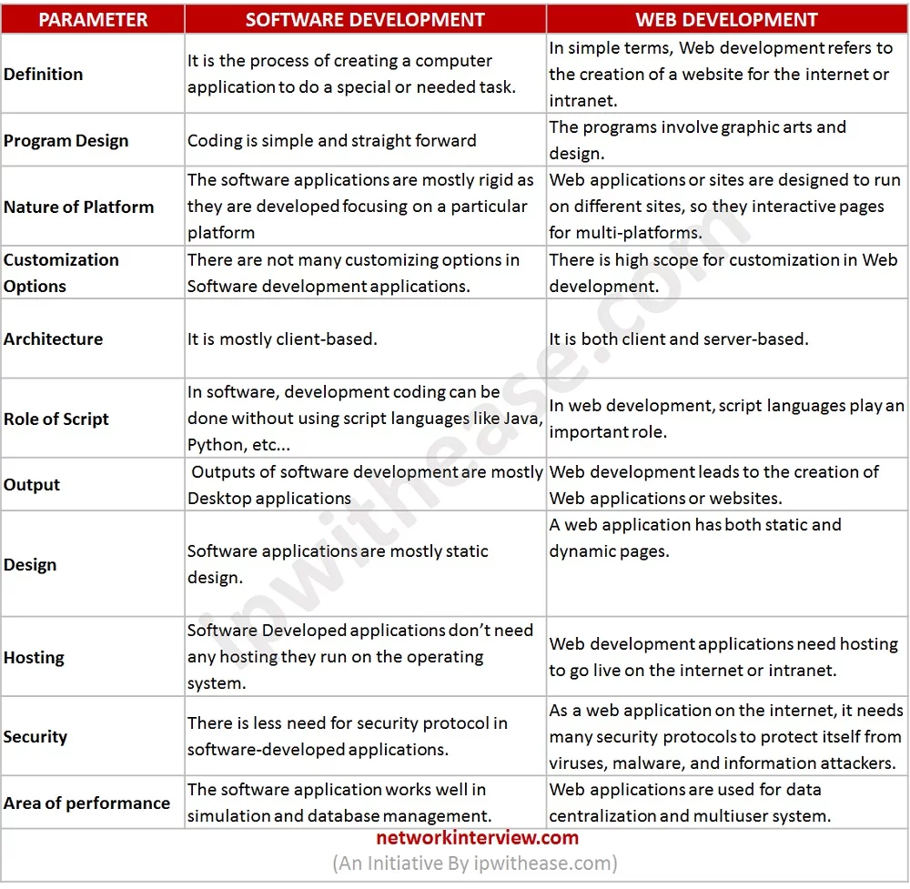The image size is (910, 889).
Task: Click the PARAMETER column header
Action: [x=92, y=19]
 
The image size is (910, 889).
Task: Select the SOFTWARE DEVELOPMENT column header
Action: [x=365, y=19]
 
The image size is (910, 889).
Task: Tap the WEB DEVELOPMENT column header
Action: [x=726, y=19]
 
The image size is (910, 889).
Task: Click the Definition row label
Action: [x=43, y=74]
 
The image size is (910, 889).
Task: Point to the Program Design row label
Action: [x=66, y=140]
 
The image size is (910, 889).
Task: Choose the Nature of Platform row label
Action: [x=78, y=207]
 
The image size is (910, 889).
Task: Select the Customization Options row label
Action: [x=61, y=273]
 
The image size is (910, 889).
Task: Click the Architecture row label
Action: [x=53, y=338]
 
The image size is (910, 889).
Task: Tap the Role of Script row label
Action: [x=56, y=419]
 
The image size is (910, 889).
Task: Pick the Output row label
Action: [x=32, y=484]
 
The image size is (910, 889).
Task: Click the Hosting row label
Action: [x=34, y=657]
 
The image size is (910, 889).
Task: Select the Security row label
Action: [x=35, y=736]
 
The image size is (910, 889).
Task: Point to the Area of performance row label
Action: [x=86, y=803]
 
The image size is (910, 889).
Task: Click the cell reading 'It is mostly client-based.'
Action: [x=282, y=338]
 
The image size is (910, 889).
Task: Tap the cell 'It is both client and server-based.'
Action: [x=678, y=338]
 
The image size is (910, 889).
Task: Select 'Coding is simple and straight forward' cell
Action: [x=331, y=140]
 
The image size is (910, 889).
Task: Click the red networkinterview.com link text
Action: [x=477, y=838]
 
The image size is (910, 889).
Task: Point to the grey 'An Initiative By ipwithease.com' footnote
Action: [x=475, y=863]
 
